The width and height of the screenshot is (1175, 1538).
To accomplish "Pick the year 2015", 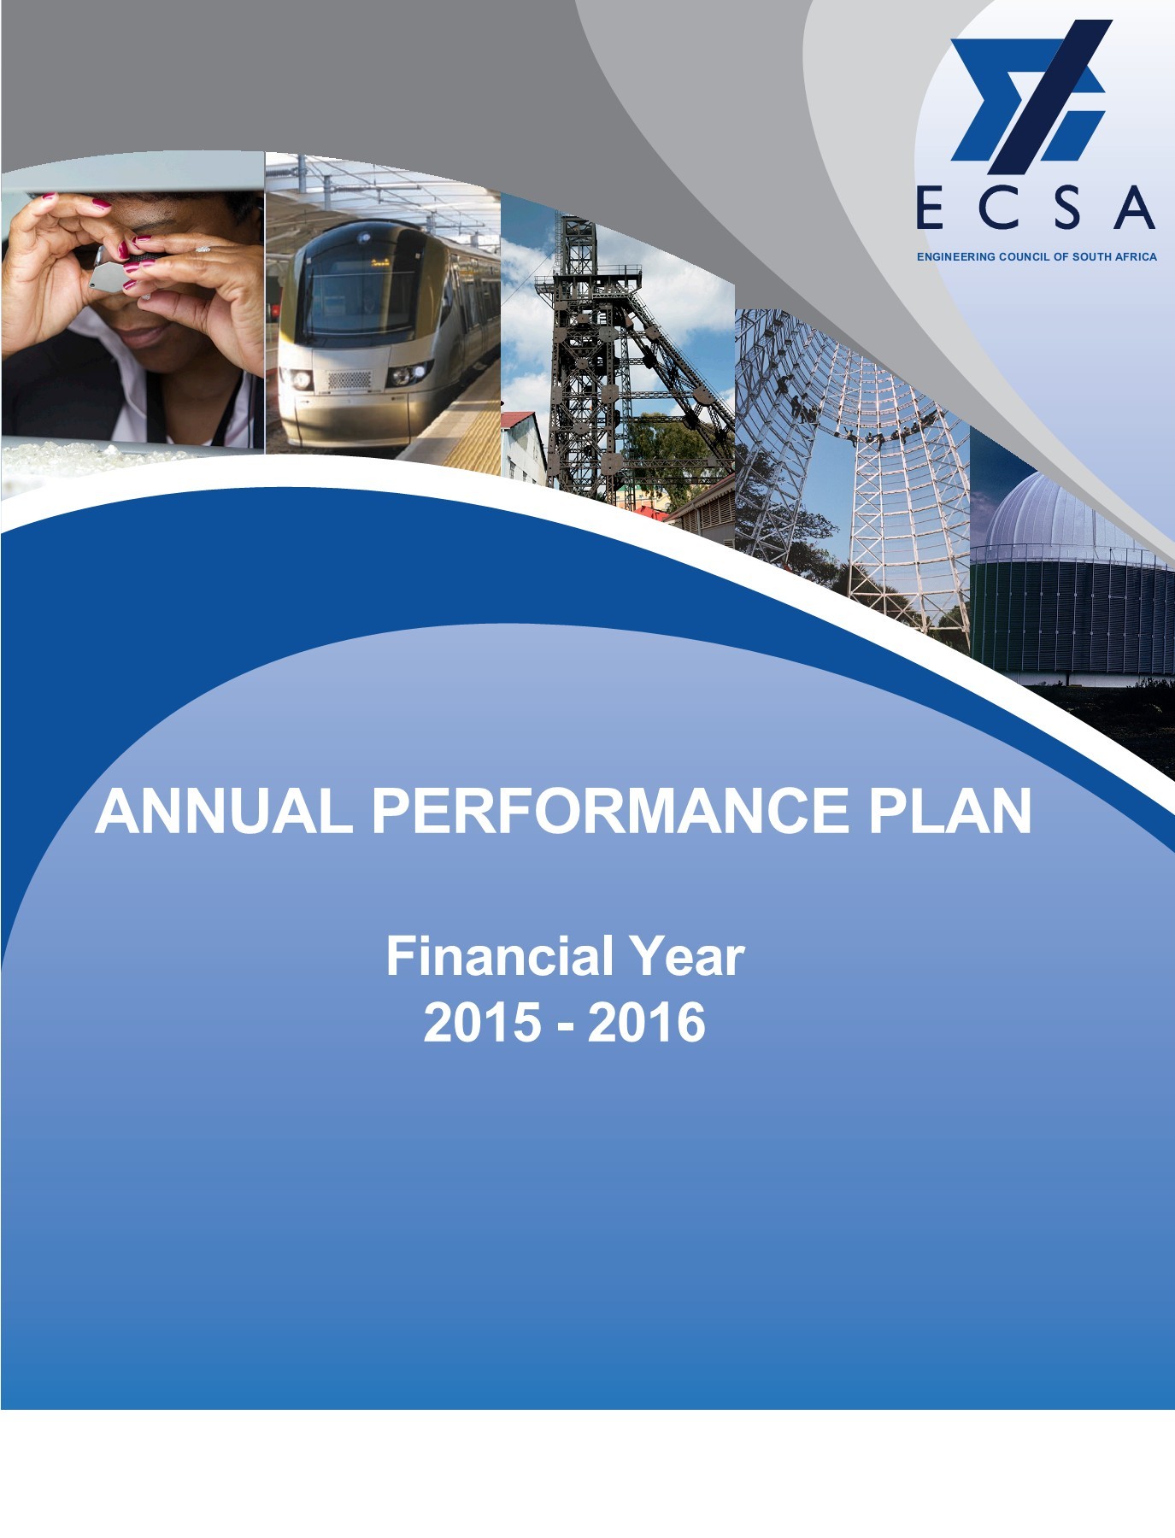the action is tap(483, 1022).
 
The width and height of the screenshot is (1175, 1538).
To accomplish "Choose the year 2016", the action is tap(647, 1022).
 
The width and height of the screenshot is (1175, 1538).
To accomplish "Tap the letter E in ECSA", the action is tap(930, 208).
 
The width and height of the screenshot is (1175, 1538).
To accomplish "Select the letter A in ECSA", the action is tap(1134, 208).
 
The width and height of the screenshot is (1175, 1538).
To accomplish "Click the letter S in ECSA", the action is tap(1068, 208).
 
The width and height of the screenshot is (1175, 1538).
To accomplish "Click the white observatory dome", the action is tap(1073, 513).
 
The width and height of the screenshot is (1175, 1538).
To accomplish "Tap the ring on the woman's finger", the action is tap(203, 249).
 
